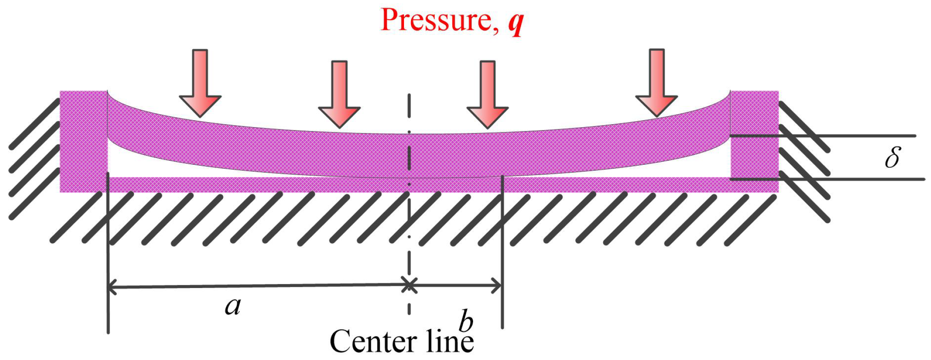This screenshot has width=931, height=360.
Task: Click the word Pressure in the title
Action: coord(436,20)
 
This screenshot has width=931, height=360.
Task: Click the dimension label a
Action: coord(233,307)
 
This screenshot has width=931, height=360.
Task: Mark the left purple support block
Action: coord(83,141)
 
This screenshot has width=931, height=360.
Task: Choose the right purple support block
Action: coord(754,141)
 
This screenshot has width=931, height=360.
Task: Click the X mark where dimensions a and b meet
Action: coord(409,285)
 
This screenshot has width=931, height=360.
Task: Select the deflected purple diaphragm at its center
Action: coord(409,155)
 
